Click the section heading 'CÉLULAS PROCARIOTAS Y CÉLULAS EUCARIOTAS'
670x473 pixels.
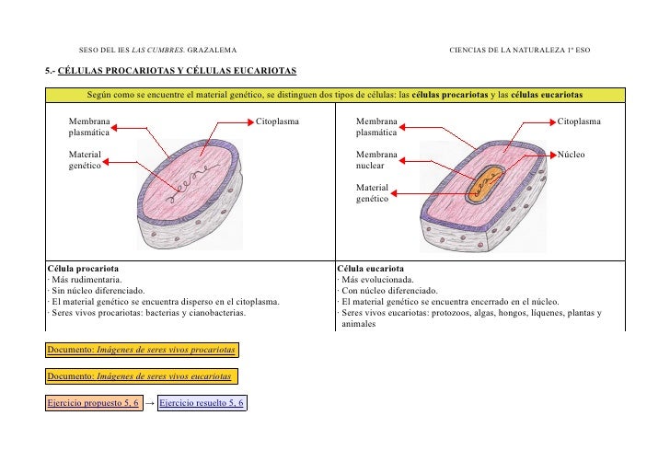(x=176, y=70)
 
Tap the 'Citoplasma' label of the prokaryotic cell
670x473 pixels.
(x=277, y=121)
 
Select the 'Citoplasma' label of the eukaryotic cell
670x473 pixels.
(x=580, y=121)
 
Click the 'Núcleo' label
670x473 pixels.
(x=572, y=155)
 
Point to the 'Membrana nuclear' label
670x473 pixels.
(x=377, y=160)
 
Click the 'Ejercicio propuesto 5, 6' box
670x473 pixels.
(x=94, y=403)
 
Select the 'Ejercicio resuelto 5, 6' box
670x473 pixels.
(x=202, y=403)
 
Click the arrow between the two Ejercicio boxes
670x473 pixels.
(x=151, y=403)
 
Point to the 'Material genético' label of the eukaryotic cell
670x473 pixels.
(x=373, y=192)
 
